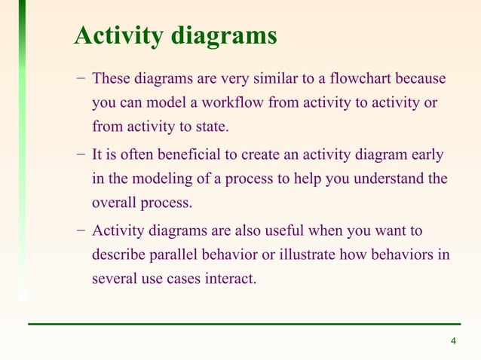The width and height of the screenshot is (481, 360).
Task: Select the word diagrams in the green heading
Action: [x=224, y=35]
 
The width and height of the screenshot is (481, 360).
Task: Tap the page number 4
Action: [x=453, y=343]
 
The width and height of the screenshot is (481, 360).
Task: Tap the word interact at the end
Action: [x=230, y=279]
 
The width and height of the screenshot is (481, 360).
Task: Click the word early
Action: [x=427, y=156]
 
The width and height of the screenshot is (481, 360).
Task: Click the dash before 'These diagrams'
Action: [x=80, y=79]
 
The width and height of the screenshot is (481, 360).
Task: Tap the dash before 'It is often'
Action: [x=80, y=156]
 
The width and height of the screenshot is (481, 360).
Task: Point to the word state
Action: [x=210, y=126]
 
